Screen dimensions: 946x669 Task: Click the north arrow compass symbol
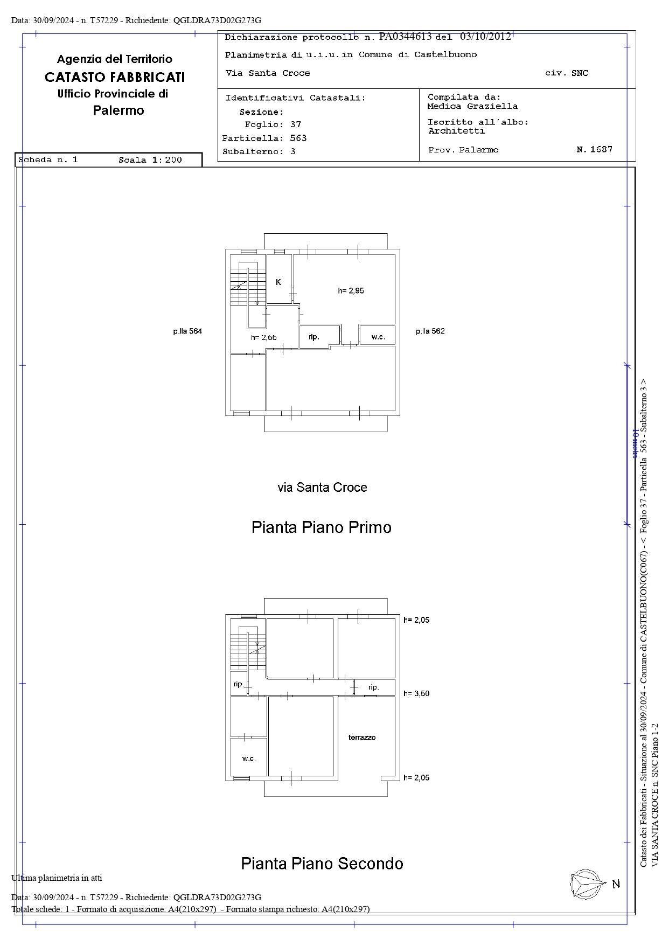pos(586,884)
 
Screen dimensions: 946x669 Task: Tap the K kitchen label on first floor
pos(278,282)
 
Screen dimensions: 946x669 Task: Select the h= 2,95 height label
pos(351,291)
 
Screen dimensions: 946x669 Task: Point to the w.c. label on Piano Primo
pos(378,337)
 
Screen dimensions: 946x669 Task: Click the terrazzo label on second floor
pos(362,737)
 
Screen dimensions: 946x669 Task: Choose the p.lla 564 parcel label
pos(187,331)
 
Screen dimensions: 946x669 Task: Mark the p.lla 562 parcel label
pos(430,331)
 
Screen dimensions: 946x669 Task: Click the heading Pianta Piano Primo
pos(321,527)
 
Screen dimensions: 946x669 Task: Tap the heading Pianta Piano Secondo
pos(322,864)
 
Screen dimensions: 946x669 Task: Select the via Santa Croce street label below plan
pos(322,488)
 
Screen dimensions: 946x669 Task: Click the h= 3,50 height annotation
pos(416,693)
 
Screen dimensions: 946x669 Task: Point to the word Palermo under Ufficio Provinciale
pos(119,110)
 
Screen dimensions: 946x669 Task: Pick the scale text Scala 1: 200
pos(150,160)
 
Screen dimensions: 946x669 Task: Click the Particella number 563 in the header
pos(298,138)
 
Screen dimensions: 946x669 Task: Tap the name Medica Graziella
pos(472,107)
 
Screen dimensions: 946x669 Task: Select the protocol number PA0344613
pos(405,37)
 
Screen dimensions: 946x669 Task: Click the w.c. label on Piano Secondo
pos(249,759)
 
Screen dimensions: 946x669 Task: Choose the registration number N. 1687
pos(594,149)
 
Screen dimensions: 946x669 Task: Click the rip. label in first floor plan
pos(314,337)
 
